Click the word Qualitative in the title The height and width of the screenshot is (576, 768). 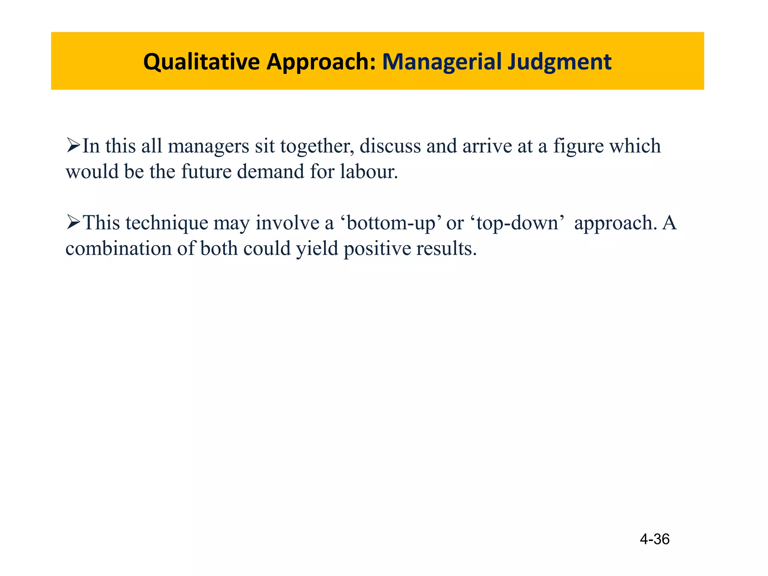coord(201,62)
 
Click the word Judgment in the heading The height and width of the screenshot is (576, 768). coord(559,62)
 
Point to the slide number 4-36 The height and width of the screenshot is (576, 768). coord(654,539)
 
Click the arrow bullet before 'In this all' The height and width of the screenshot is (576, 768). coord(73,145)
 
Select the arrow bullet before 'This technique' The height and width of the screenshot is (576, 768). coord(73,222)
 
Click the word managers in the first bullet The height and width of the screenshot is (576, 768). coord(208,146)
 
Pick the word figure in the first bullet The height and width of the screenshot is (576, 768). coord(578,146)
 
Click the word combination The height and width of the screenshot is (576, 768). coord(118,249)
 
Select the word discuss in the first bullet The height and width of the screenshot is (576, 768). coord(390,146)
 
